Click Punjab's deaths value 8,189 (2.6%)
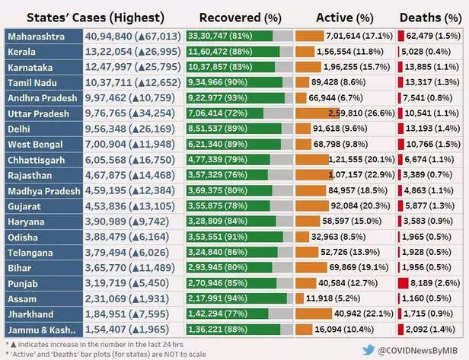tap(434, 283)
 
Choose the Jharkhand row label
tap(30, 314)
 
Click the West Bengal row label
tap(34, 144)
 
